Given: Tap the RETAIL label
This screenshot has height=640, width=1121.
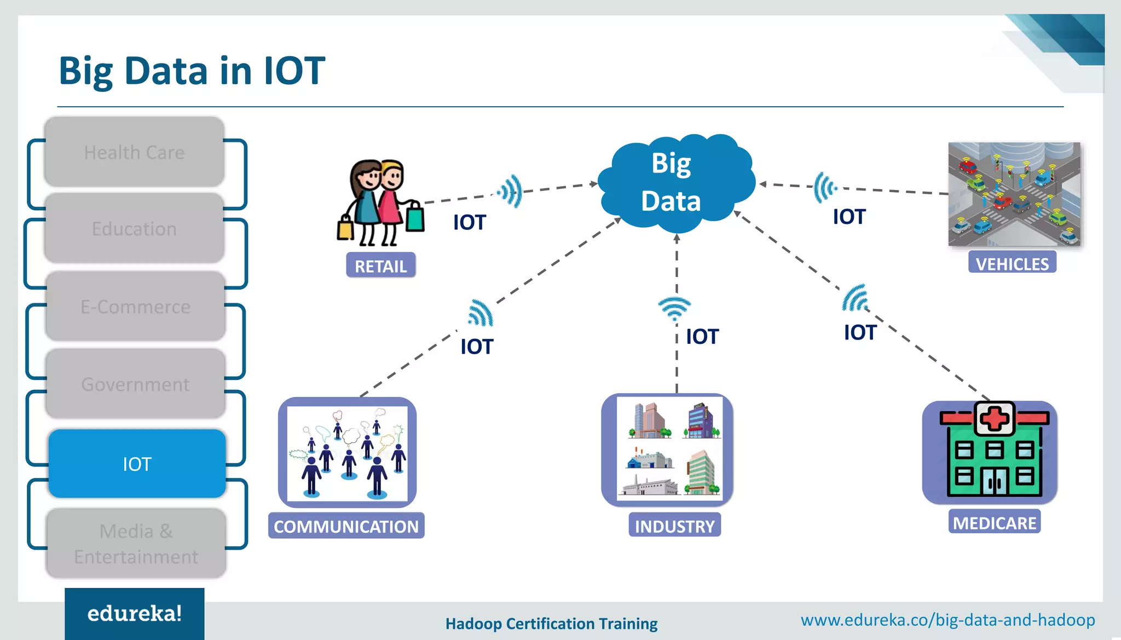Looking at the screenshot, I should (380, 266).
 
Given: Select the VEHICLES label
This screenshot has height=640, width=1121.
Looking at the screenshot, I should (1012, 263).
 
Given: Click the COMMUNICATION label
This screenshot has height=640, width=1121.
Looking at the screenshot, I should (346, 526).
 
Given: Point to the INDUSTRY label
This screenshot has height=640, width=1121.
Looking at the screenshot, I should (674, 526).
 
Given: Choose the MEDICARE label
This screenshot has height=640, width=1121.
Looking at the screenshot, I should (994, 522).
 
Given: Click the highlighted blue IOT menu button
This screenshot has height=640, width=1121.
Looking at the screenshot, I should (137, 464).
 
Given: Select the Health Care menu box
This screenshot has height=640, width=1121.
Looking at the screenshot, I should (134, 152).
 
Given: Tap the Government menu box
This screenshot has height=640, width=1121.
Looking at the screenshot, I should (135, 384).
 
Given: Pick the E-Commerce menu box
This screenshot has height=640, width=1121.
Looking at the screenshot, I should (135, 307).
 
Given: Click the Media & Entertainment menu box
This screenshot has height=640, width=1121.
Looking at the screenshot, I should (136, 543).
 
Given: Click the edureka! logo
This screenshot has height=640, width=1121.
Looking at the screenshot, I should (134, 613).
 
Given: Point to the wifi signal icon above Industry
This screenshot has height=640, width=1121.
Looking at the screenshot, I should (674, 308).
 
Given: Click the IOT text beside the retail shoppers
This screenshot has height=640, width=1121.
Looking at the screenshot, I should (469, 222).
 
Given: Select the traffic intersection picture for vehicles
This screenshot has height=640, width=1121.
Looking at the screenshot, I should (1014, 194).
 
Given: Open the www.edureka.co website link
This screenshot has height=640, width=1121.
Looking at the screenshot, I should (947, 620).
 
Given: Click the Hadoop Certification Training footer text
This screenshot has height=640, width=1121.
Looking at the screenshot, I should (551, 624).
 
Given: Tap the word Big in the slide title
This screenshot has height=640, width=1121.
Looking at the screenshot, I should (86, 71).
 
